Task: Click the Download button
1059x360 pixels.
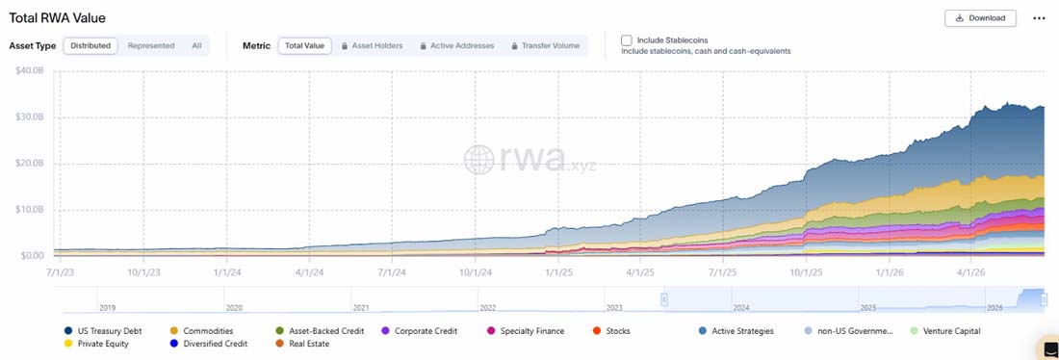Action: [980, 18]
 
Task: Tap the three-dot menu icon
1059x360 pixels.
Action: [1039, 18]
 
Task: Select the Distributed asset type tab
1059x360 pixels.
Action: [90, 46]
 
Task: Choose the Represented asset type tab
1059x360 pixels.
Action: [151, 46]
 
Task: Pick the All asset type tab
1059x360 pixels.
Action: [196, 46]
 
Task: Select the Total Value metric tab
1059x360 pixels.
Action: [304, 46]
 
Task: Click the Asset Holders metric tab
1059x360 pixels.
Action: [373, 46]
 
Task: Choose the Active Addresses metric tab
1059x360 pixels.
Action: [456, 46]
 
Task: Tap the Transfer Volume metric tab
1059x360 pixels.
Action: [546, 46]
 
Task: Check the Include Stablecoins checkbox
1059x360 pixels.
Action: [627, 40]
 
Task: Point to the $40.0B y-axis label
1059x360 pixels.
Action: [29, 71]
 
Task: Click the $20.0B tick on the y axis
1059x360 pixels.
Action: [29, 165]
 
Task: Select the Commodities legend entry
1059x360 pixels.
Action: [202, 331]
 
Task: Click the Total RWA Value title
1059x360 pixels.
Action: [58, 18]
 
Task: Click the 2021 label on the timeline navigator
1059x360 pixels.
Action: [361, 307]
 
